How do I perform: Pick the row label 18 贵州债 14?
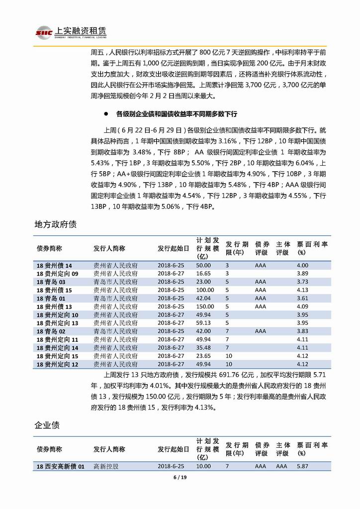click(54, 266)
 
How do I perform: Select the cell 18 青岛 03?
click(51, 282)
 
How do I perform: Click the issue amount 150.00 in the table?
click(204, 306)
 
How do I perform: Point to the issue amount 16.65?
click(203, 274)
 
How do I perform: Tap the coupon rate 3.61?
click(302, 299)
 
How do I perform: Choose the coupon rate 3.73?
click(302, 282)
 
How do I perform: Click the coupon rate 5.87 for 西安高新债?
click(302, 466)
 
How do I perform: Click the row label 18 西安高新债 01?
click(61, 466)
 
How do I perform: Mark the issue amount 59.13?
click(203, 323)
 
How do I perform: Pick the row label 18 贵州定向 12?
click(57, 364)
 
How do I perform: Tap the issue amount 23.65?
click(203, 356)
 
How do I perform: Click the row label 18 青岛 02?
click(51, 331)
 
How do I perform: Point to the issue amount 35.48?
click(203, 348)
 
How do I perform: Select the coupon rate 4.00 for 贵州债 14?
click(302, 266)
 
